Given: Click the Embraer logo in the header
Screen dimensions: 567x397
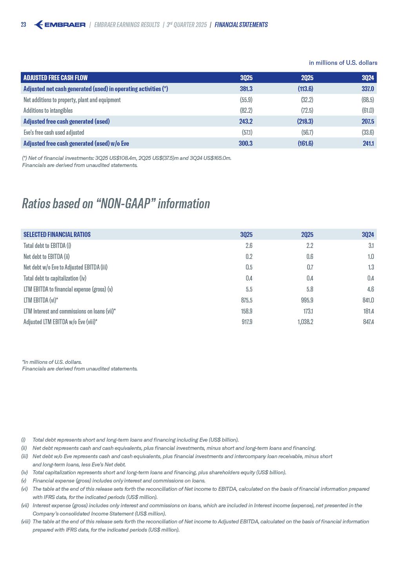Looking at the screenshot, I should coord(60,25).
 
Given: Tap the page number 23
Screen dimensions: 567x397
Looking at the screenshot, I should coord(24,25).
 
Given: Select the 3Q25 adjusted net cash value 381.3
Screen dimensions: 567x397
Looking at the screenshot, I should coord(246,89).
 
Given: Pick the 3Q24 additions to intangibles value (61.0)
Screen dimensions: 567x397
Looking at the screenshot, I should coord(368,110).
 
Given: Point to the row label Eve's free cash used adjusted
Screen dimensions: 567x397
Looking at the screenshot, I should coord(54,132).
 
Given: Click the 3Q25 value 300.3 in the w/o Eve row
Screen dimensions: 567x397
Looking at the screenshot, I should coord(246,143).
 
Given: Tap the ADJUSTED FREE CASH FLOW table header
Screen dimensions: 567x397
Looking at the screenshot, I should coord(55,78).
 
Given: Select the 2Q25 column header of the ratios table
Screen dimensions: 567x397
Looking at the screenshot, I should coord(307,235).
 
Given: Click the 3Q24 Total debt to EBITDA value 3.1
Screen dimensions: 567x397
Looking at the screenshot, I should coord(371,246).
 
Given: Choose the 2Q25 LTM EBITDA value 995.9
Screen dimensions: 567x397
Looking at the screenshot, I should coord(307,300).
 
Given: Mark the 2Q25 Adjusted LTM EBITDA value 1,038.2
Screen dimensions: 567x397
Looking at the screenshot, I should coord(305,322).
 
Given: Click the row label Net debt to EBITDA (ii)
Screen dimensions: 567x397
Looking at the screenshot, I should coord(46,257).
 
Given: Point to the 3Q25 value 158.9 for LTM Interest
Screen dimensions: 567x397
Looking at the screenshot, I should coord(247,311).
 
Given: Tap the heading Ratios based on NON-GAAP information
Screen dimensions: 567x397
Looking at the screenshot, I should coord(116,204).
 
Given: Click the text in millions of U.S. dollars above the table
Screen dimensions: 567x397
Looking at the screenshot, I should coord(343,63).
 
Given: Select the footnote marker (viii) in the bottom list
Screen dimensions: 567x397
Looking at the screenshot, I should coord(26,521).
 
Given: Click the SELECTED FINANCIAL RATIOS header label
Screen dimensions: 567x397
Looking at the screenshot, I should coord(57,235).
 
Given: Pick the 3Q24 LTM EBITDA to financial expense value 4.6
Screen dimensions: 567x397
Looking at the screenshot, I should coord(370,289).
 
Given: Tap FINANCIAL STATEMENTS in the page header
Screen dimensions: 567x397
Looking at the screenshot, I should coord(241,25).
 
